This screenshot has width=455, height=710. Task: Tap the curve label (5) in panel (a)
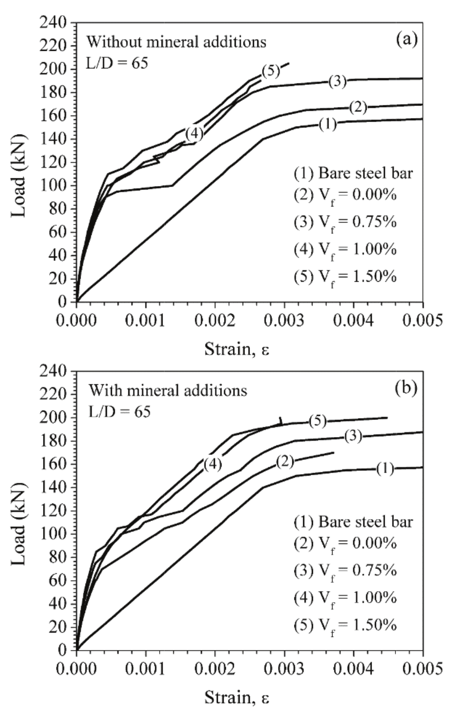pyautogui.click(x=270, y=71)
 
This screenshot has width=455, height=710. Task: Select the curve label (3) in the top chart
pyautogui.click(x=337, y=82)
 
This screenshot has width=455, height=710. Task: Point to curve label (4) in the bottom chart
pyautogui.click(x=213, y=464)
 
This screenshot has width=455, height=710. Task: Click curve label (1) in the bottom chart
pyautogui.click(x=385, y=469)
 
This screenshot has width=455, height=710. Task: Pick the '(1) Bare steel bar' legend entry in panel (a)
pyautogui.click(x=353, y=173)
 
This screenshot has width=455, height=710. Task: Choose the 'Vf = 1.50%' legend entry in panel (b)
pyautogui.click(x=345, y=626)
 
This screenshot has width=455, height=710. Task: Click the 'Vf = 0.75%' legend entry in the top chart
pyautogui.click(x=345, y=222)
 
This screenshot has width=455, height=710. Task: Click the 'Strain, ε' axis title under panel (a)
pyautogui.click(x=236, y=349)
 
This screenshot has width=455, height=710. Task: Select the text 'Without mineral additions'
pyautogui.click(x=177, y=42)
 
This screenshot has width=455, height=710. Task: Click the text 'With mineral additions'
pyautogui.click(x=167, y=391)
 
